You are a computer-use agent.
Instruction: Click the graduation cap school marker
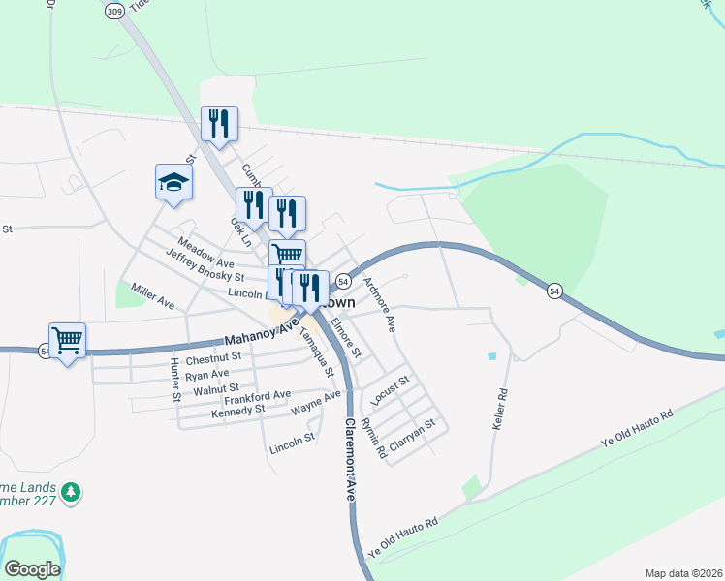coord(173,182)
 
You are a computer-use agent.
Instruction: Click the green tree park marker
coord(70,494)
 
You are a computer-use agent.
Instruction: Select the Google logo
coord(32,569)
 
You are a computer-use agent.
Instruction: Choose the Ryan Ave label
coord(206,374)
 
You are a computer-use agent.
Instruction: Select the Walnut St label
coord(215,389)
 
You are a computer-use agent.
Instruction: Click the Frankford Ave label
coord(257,395)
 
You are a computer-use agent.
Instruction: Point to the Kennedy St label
coord(237,411)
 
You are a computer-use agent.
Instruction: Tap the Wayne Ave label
coord(317,401)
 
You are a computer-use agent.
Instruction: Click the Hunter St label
coord(175,379)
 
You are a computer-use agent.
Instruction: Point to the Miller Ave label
coord(153,296)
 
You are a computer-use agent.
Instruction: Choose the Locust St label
coord(392,388)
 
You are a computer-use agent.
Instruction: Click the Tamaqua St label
coord(317,353)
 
